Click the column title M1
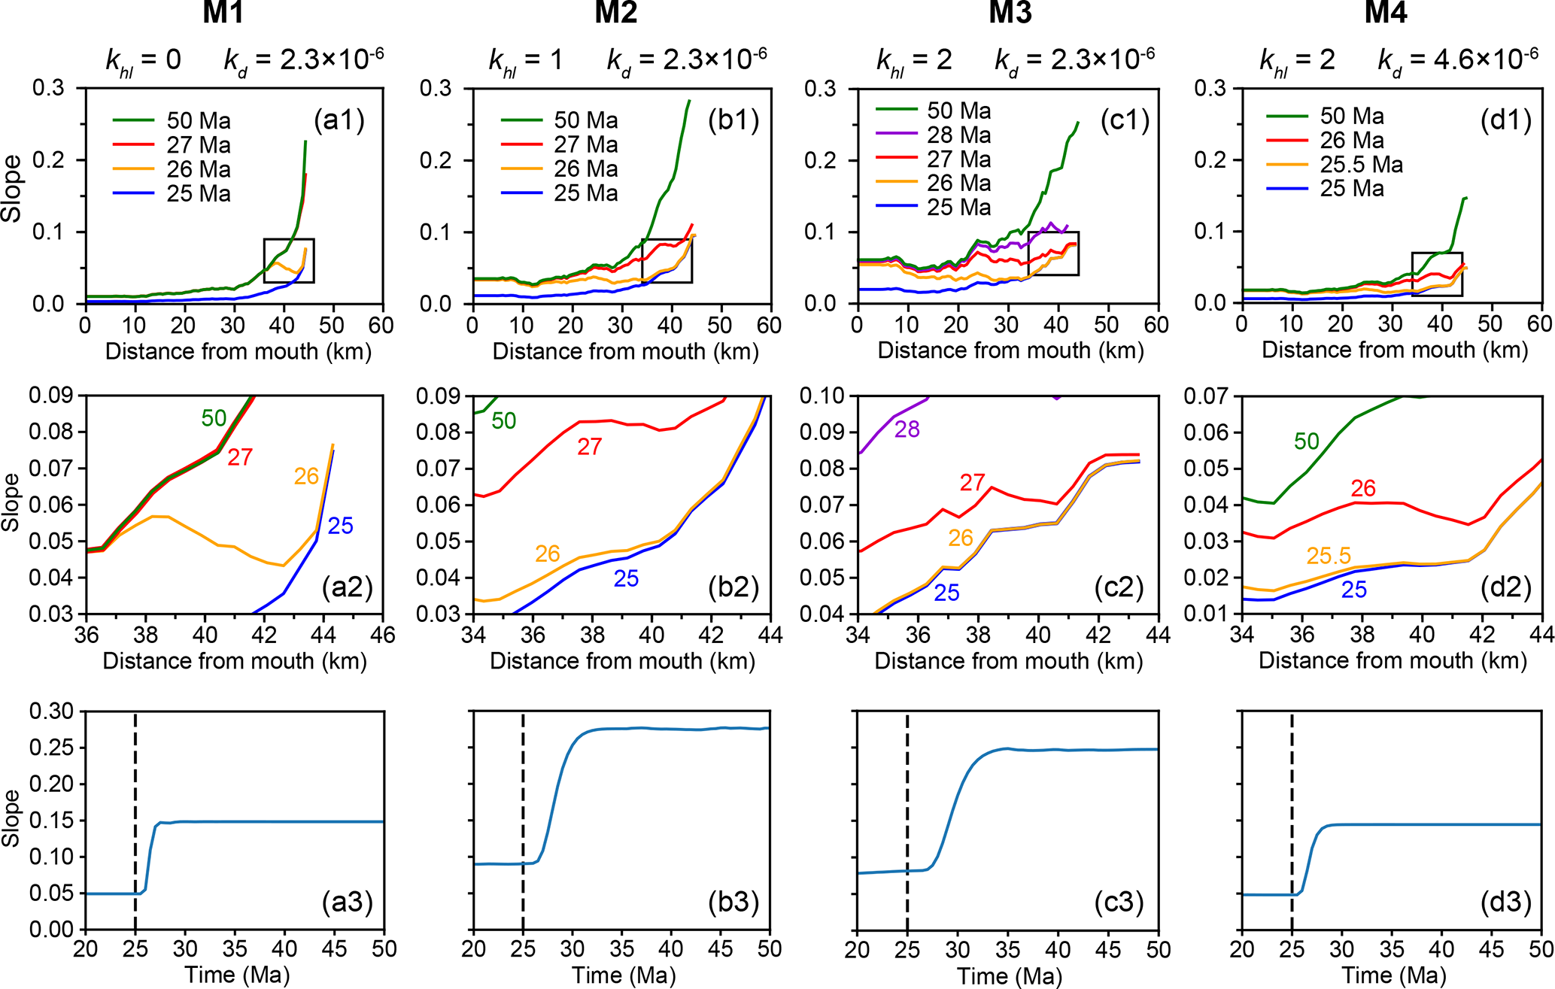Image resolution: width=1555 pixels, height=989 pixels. point(223,13)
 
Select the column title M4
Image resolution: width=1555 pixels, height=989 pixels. point(1385,13)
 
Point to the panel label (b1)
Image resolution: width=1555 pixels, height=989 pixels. point(733,120)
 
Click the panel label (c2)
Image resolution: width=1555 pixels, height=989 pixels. point(1119,587)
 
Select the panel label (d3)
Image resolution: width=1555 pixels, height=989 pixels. point(1505,901)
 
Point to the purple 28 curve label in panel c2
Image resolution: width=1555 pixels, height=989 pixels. point(907,429)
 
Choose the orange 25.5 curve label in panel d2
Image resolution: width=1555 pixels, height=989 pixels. point(1329,556)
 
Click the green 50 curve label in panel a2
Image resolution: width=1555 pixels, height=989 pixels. point(214,418)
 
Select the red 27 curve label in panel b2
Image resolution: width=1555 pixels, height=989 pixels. point(589,447)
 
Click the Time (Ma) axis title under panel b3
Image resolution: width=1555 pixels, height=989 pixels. point(623,975)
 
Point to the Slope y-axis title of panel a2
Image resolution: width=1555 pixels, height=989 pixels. point(11,502)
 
